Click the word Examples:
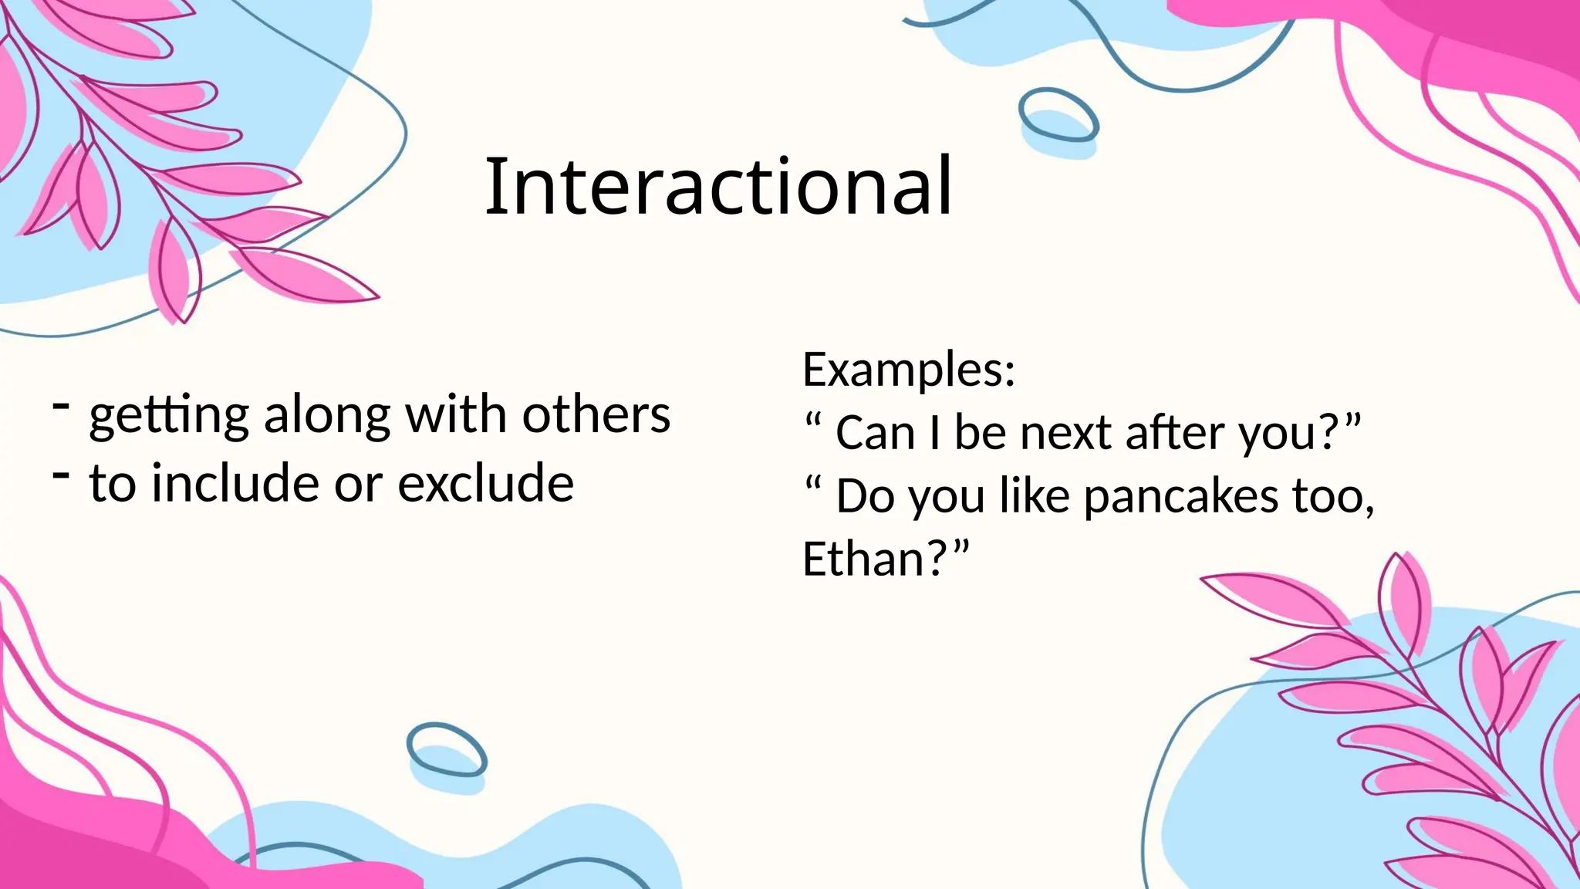pos(909,370)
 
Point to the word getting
pos(169,417)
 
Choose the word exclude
pos(485,484)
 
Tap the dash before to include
pos(62,474)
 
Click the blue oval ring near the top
pos(1058,116)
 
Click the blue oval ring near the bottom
pos(447,749)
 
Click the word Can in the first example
pos(874,433)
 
